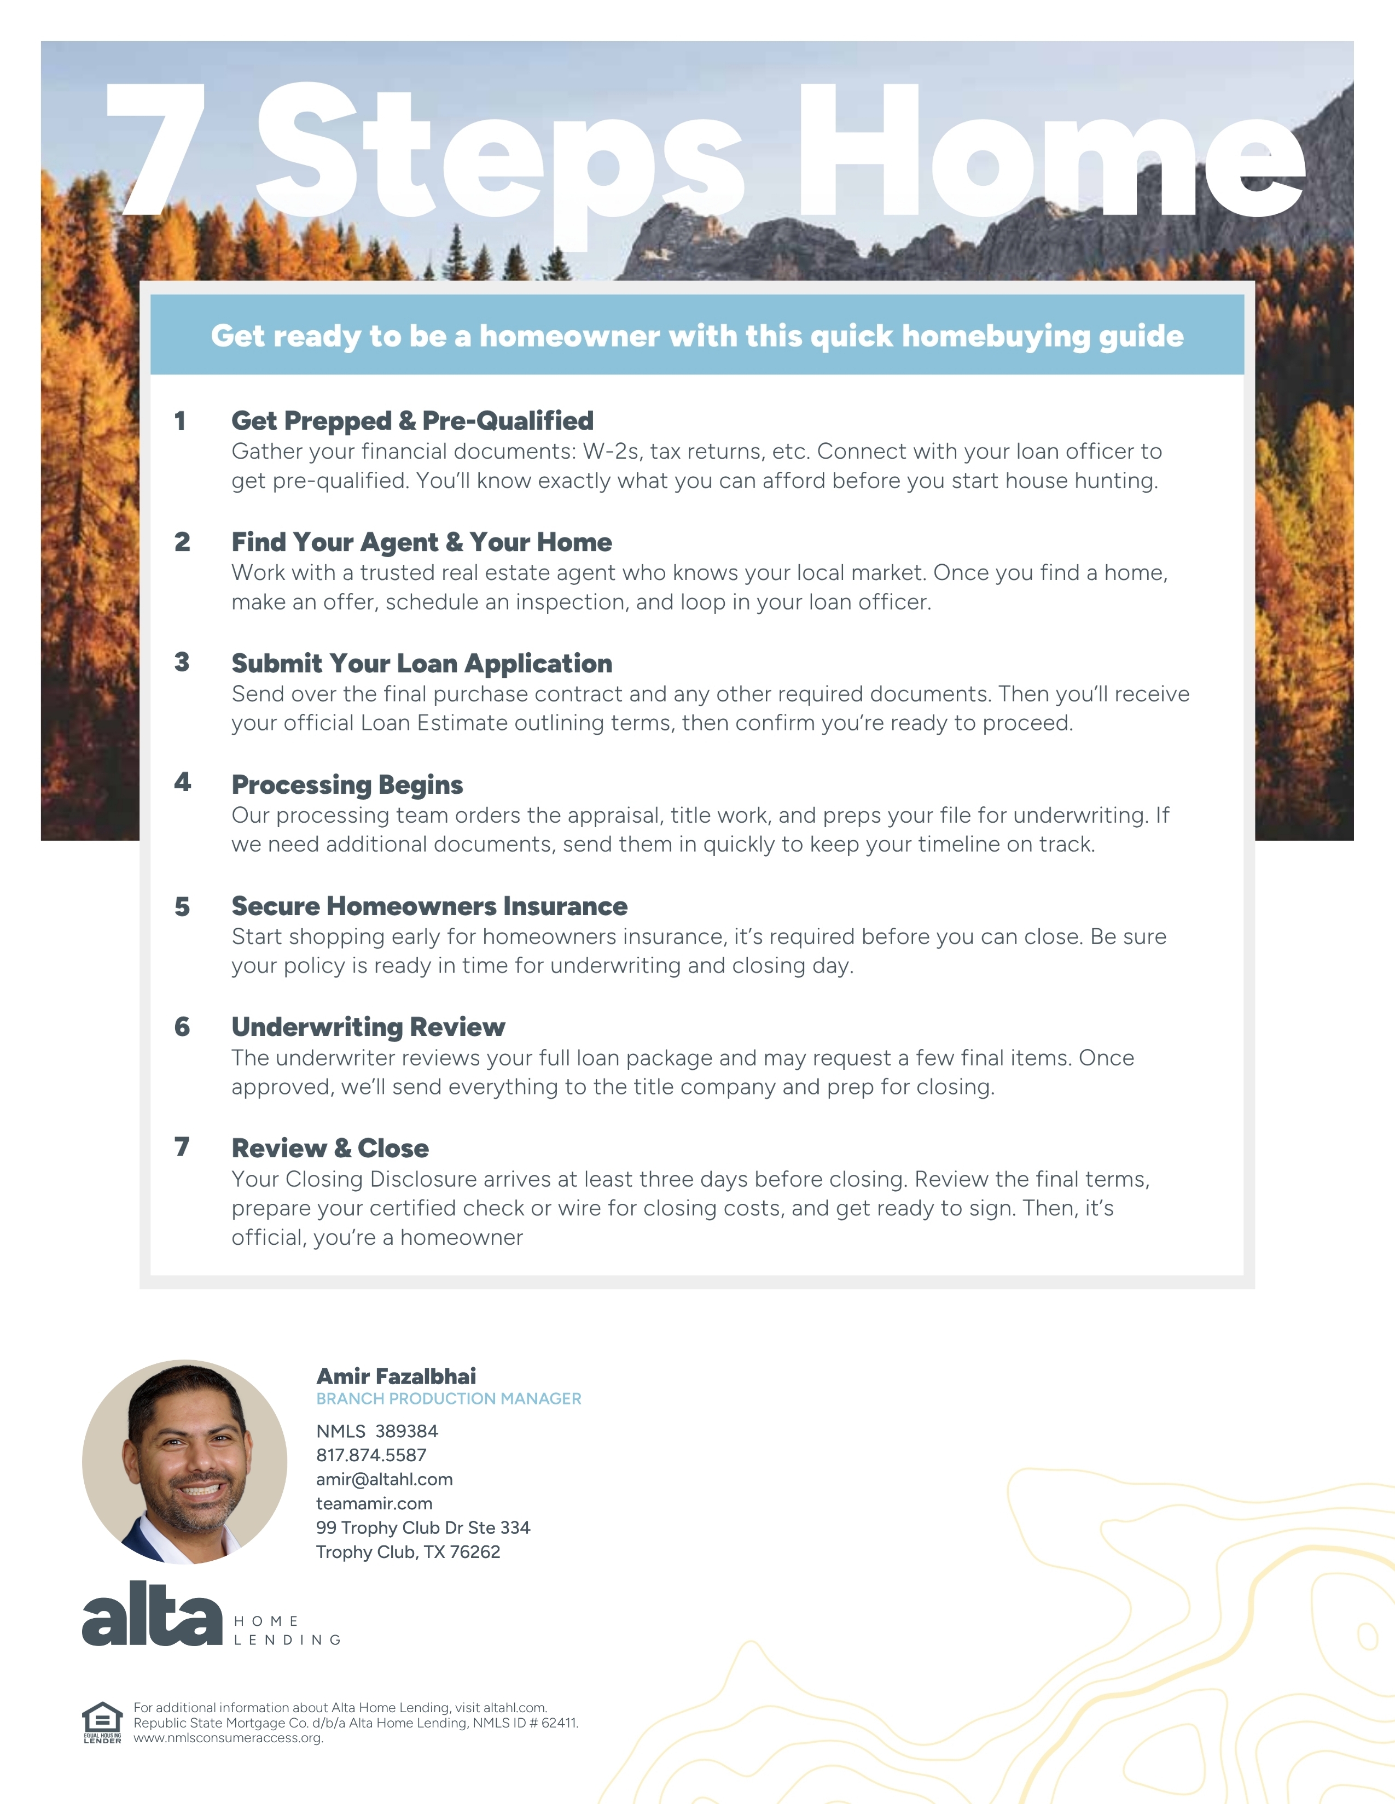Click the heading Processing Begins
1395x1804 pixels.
point(346,784)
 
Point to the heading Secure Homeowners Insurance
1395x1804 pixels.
point(429,906)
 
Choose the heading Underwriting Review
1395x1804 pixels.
point(368,1027)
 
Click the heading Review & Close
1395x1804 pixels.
point(330,1148)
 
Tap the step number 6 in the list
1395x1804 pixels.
point(182,1027)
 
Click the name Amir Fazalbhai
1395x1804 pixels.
point(396,1376)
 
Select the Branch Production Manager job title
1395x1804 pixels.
point(448,1398)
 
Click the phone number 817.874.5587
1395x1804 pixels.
point(371,1455)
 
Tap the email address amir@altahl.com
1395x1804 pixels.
point(384,1479)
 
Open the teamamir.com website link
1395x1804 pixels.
point(374,1503)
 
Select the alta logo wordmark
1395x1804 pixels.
point(152,1615)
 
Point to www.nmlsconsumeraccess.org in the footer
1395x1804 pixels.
point(228,1737)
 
